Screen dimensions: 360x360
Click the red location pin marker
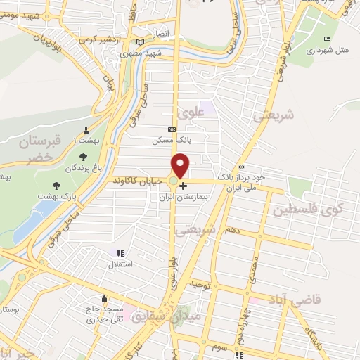[181, 165]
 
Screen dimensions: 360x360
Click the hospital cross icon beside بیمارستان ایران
[184, 186]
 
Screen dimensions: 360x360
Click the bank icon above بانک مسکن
[172, 129]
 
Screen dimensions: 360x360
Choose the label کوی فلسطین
[309, 210]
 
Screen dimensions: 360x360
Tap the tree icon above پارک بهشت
[56, 186]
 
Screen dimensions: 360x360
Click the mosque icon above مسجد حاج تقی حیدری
[104, 297]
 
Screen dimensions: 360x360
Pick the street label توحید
[200, 283]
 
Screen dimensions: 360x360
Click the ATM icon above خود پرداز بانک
[241, 167]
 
